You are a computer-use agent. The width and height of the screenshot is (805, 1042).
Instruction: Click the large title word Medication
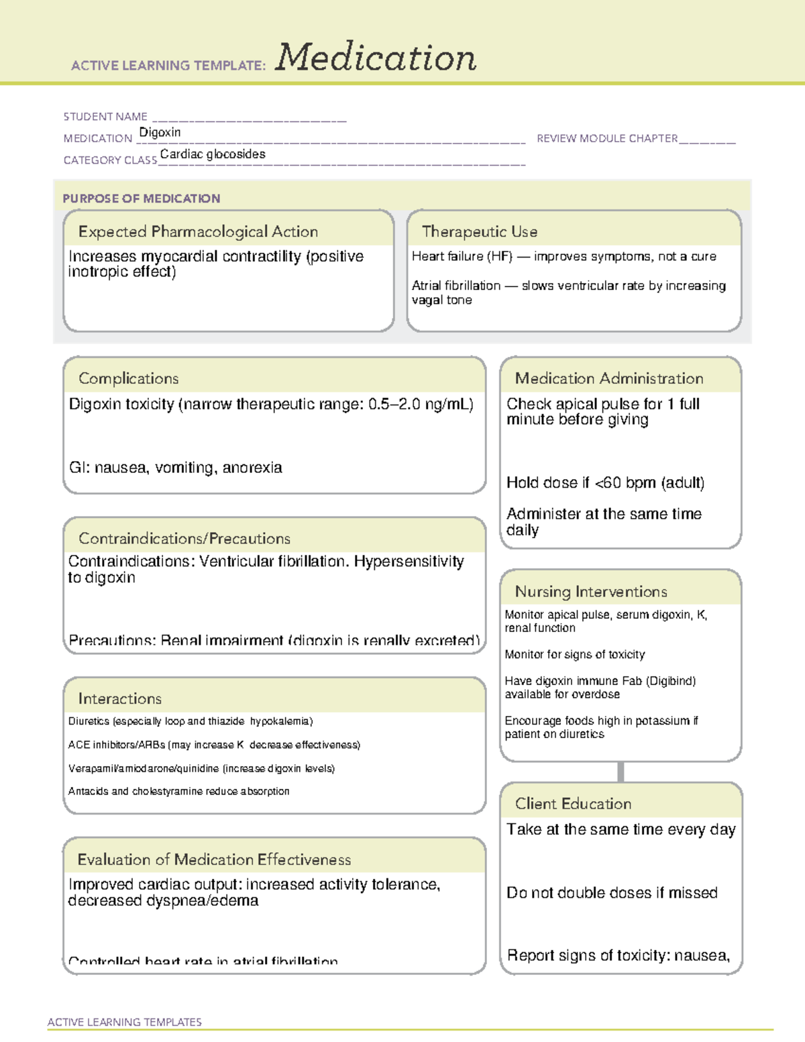click(x=376, y=58)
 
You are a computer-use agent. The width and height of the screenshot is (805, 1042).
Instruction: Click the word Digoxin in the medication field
click(x=160, y=132)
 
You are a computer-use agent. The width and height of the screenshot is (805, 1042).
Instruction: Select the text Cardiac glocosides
click(x=213, y=154)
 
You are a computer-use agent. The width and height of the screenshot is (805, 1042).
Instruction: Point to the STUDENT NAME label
click(x=105, y=117)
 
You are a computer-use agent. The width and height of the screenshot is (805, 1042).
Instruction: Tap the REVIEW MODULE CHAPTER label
click(x=607, y=138)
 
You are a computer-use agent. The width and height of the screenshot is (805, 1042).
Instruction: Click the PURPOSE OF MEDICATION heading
click(x=141, y=199)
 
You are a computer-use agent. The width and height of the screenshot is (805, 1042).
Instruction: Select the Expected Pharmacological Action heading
click(x=198, y=231)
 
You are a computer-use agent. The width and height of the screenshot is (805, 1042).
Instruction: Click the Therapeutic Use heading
click(x=479, y=231)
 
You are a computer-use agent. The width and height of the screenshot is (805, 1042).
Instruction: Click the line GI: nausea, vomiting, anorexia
click(x=175, y=468)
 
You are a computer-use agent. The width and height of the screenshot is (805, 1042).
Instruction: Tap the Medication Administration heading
click(x=608, y=378)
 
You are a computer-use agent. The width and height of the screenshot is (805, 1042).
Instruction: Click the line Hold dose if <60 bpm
click(x=605, y=482)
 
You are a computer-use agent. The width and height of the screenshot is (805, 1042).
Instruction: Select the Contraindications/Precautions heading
click(x=184, y=538)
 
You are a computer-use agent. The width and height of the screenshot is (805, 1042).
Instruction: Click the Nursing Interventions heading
click(x=590, y=591)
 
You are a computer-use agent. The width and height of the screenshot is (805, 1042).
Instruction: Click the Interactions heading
click(x=119, y=698)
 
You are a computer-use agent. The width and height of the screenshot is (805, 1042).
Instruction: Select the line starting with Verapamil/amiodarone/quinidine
click(x=201, y=768)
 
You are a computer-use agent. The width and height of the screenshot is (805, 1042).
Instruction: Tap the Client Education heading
click(x=573, y=804)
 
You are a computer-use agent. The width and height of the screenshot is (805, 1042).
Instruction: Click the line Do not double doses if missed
click(x=612, y=893)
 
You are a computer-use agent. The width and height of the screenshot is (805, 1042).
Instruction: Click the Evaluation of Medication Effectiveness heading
click(x=214, y=859)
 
